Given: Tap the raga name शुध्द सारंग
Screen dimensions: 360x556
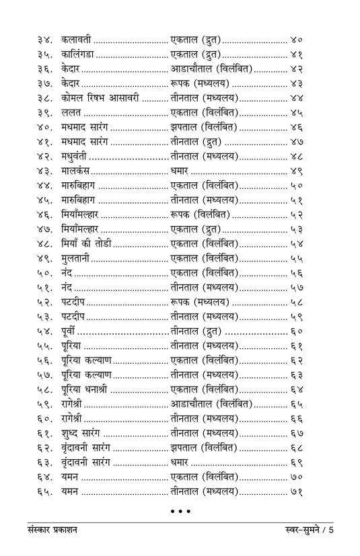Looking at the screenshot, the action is point(80,433).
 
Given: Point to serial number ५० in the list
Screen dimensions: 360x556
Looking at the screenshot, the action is point(44,273).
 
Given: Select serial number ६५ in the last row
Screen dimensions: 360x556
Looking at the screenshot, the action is point(44,491).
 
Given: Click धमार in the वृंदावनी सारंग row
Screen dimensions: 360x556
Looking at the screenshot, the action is point(180,462).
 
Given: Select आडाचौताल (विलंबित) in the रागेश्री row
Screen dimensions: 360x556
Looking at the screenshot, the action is point(211,404).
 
